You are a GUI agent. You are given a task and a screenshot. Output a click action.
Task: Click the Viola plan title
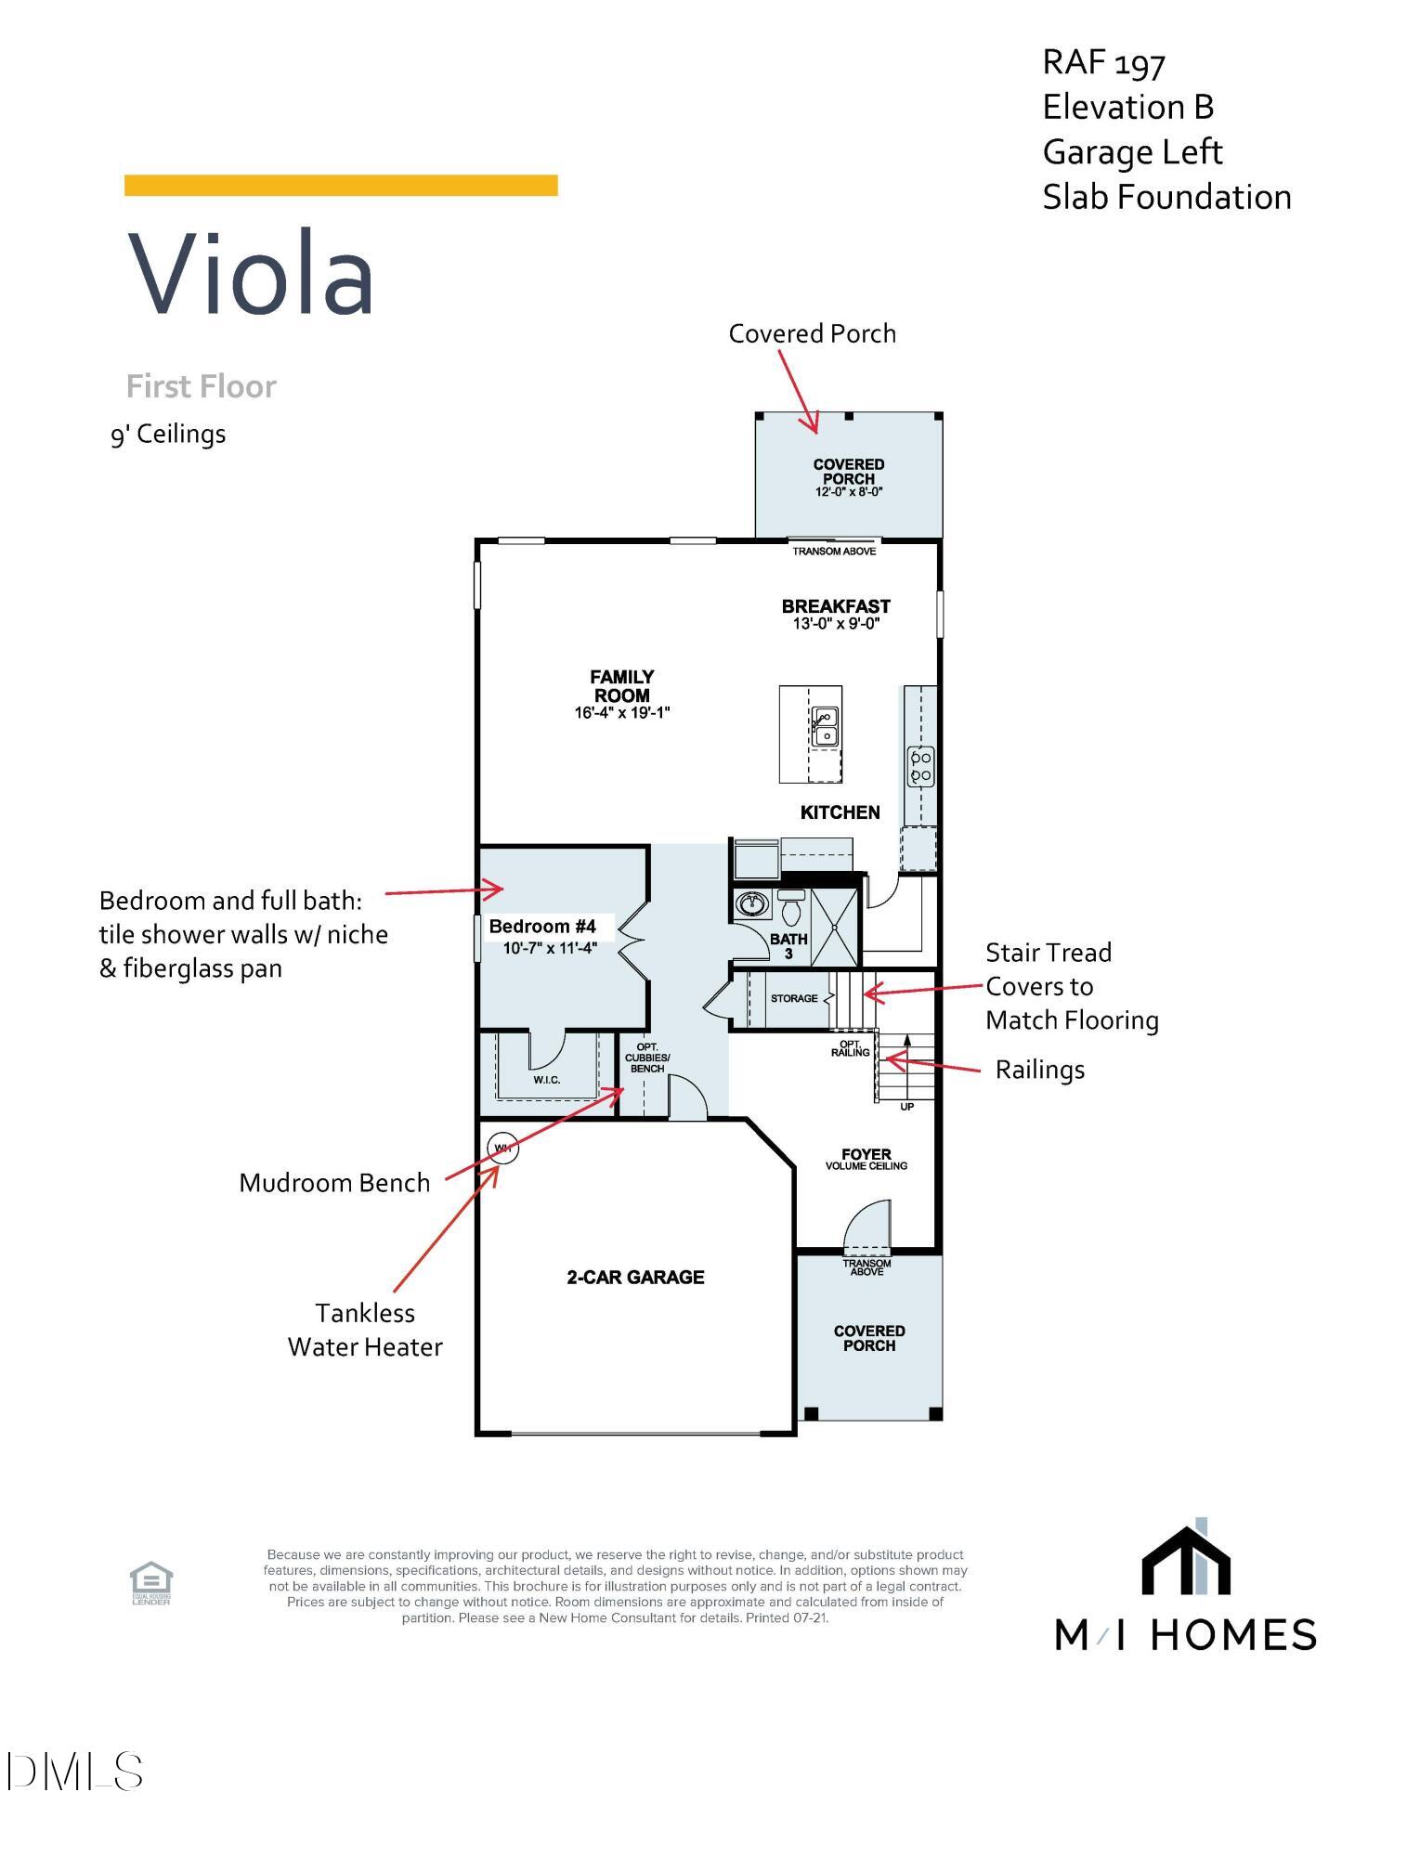(251, 275)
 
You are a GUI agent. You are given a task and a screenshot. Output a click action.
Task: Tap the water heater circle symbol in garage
(502, 1149)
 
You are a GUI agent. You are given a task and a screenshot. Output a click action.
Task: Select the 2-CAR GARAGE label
(635, 1278)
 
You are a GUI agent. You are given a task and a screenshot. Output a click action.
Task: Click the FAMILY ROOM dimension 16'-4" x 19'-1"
(622, 713)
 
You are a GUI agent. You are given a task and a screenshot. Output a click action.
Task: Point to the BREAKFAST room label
(836, 606)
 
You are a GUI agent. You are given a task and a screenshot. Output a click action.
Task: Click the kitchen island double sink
(825, 727)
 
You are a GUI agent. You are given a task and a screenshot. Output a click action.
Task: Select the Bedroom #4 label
(542, 927)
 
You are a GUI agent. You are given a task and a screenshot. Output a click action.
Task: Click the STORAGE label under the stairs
(794, 999)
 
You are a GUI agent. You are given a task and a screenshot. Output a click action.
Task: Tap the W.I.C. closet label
(547, 1080)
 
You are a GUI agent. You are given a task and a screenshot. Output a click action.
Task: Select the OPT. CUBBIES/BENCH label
(647, 1058)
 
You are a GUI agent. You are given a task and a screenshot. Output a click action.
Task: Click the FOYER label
(866, 1154)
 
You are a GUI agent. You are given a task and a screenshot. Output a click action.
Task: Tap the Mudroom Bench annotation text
(334, 1183)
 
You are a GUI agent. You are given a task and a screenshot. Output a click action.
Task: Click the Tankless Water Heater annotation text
(365, 1330)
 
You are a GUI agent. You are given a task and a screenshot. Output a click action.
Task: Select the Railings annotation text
(1039, 1070)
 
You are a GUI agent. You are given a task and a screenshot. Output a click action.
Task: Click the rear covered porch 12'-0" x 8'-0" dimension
(849, 492)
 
